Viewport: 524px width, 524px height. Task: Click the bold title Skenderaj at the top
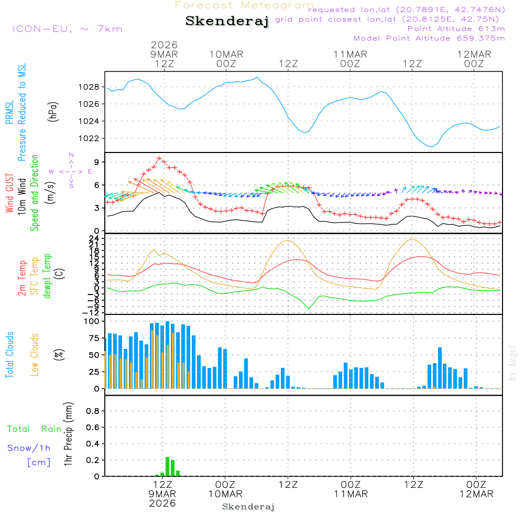(227, 21)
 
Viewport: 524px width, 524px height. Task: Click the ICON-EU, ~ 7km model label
(67, 29)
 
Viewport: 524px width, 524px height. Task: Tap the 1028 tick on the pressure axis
(90, 87)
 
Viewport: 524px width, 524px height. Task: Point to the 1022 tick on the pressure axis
(90, 138)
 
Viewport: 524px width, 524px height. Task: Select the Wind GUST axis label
(9, 194)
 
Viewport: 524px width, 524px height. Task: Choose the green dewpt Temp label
(47, 276)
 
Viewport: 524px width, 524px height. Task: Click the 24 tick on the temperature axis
(94, 237)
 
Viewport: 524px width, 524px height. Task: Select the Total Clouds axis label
(9, 355)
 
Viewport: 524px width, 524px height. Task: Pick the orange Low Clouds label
(35, 355)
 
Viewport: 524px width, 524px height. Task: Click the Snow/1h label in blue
(29, 448)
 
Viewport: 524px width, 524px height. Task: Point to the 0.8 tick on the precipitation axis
(93, 411)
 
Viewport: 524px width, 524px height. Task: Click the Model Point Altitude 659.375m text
(429, 38)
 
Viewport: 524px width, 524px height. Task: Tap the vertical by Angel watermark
(512, 363)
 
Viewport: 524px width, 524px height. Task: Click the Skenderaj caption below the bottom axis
(248, 507)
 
